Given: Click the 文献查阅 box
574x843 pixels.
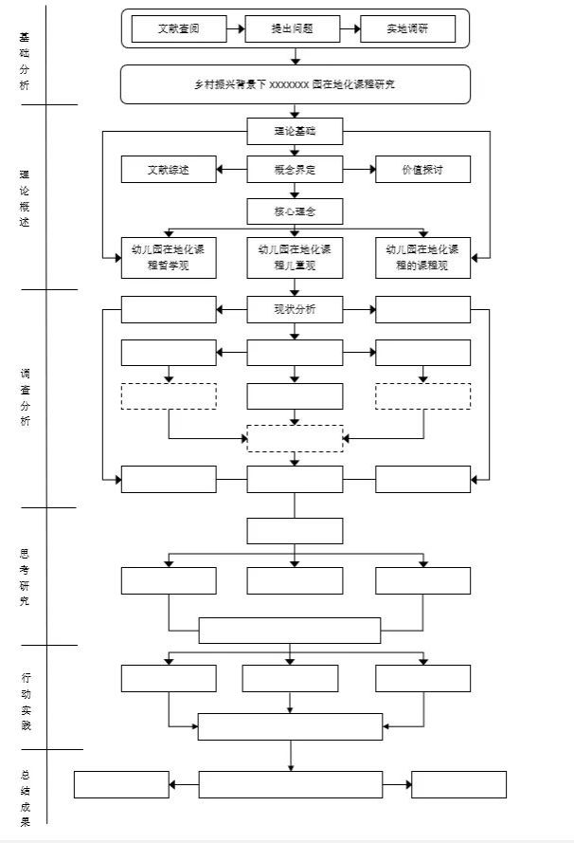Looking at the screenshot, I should pos(179,29).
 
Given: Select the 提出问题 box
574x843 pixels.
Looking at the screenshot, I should pos(292,29).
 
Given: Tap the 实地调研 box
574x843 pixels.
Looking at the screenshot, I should pos(407,29).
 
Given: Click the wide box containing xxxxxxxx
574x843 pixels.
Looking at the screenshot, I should pos(295,84).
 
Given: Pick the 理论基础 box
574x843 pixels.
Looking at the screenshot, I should pos(295,132).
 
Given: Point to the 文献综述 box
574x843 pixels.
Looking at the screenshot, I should pos(169,170).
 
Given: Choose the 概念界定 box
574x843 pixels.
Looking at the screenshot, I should pos(295,170).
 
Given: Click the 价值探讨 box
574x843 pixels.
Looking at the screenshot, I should pos(422,170).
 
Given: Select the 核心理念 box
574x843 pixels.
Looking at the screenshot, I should pos(295,211).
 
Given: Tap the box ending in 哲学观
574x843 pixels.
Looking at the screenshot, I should pos(169,258).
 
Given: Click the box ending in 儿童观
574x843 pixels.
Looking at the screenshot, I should pos(295,258).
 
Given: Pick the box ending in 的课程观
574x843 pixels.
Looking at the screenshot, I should pos(422,258).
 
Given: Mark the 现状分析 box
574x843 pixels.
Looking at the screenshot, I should pos(295,309).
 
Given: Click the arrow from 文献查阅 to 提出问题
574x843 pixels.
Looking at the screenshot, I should pos(236,29).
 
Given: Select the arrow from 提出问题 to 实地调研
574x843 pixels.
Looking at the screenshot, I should pos(350,29).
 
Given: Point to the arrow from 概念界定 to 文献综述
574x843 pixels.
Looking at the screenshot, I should pos(231,170).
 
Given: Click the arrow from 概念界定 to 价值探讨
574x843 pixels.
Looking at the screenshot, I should pos(359,170).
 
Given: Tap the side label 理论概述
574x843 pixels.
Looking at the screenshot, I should pos(25,197).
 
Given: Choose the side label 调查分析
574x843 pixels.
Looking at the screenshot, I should pos(25,397).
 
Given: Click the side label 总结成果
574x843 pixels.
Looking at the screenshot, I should pos(25,797).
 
